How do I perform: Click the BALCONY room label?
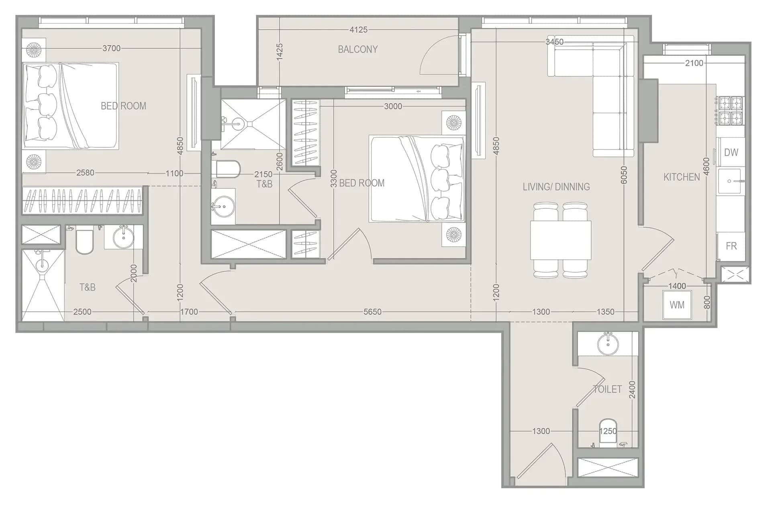pos(357,49)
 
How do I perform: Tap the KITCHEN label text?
pos(681,177)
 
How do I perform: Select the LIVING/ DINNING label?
pos(556,187)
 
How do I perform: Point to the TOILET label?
pos(607,389)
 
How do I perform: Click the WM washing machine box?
pos(677,305)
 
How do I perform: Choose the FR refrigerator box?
pos(731,246)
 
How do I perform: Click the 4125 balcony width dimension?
pos(358,30)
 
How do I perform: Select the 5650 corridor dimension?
pos(372,312)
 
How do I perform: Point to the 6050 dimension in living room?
pos(624,175)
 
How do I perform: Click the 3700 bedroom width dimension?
pos(111,48)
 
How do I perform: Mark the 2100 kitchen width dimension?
pos(694,63)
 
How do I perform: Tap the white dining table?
pos(561,240)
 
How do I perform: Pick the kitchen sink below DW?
pos(731,181)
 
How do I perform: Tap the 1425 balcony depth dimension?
pos(280,52)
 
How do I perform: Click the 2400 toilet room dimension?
pos(632,390)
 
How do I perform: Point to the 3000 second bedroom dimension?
pos(393,106)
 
